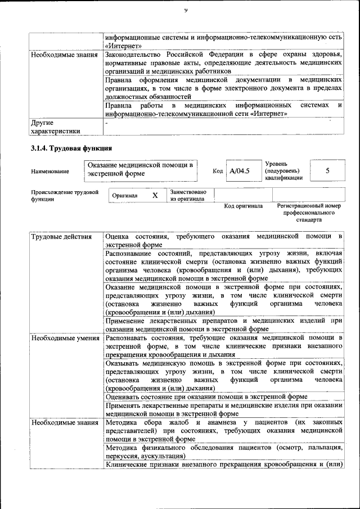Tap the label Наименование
click(50, 171)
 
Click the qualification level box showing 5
click(327, 170)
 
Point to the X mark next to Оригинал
click(155, 195)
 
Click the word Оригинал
click(125, 195)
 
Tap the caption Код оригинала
click(243, 206)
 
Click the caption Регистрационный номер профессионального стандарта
click(309, 213)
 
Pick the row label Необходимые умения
click(65, 339)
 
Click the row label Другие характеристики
click(56, 127)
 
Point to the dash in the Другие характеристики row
click(106, 122)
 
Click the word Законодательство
click(133, 55)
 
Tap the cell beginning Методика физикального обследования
click(223, 451)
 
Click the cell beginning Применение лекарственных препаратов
click(223, 325)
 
